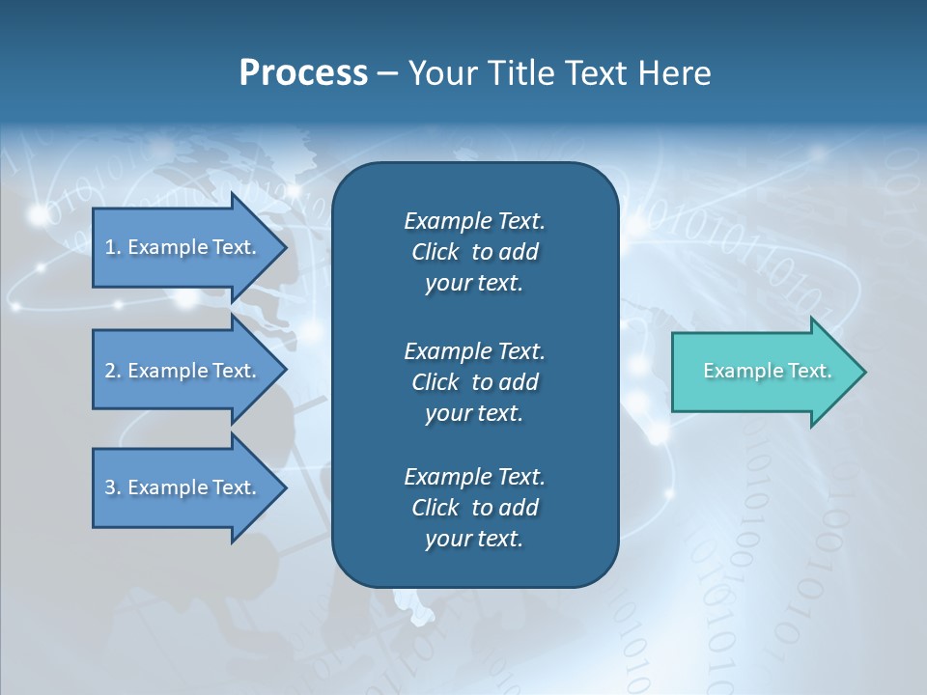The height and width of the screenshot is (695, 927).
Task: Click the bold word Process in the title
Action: (x=303, y=73)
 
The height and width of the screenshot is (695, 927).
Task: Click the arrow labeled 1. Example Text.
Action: (x=183, y=247)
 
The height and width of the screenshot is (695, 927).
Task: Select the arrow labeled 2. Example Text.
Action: (x=183, y=371)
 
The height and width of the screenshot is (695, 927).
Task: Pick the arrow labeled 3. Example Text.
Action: (x=183, y=487)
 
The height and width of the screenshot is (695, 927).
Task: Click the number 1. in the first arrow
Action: (x=113, y=247)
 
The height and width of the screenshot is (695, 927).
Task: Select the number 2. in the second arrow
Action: (x=113, y=371)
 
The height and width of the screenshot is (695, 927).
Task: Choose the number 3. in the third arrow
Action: (x=113, y=487)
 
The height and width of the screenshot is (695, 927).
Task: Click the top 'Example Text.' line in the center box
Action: (x=474, y=221)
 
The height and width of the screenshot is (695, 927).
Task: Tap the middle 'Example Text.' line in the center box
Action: (x=474, y=350)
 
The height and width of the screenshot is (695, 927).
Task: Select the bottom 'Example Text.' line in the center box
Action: (x=474, y=477)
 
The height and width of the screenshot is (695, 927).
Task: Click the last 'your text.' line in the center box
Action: (x=474, y=539)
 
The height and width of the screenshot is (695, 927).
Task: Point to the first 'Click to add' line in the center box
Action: (x=474, y=252)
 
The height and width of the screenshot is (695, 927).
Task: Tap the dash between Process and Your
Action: (x=387, y=73)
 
